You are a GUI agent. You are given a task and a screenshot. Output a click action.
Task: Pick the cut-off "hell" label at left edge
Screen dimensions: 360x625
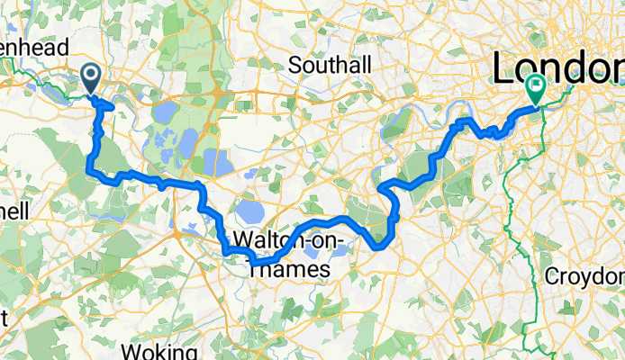click(15, 210)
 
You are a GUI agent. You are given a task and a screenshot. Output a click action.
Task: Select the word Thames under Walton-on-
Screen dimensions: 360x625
click(280, 267)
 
